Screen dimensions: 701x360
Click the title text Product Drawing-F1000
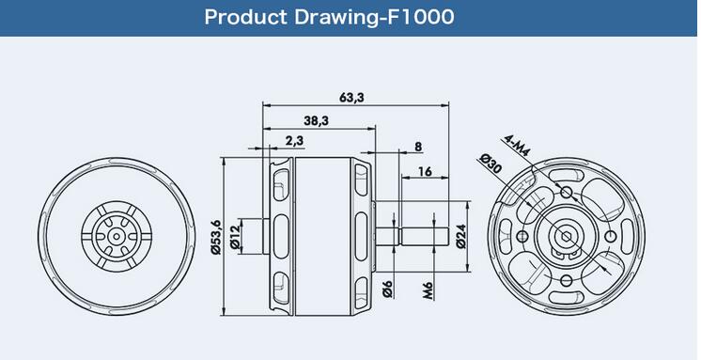[x=329, y=18]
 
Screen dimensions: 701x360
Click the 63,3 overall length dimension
[x=351, y=97]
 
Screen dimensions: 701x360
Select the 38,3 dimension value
[x=317, y=120]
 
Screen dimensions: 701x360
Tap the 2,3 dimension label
[x=294, y=140]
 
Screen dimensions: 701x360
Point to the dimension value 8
[x=418, y=147]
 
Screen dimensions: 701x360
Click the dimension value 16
[x=425, y=171]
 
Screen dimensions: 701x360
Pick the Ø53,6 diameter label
[x=216, y=237]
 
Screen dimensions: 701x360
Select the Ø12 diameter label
[x=235, y=237]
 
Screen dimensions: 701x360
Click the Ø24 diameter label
[x=461, y=236]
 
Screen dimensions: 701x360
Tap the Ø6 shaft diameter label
[x=387, y=289]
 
